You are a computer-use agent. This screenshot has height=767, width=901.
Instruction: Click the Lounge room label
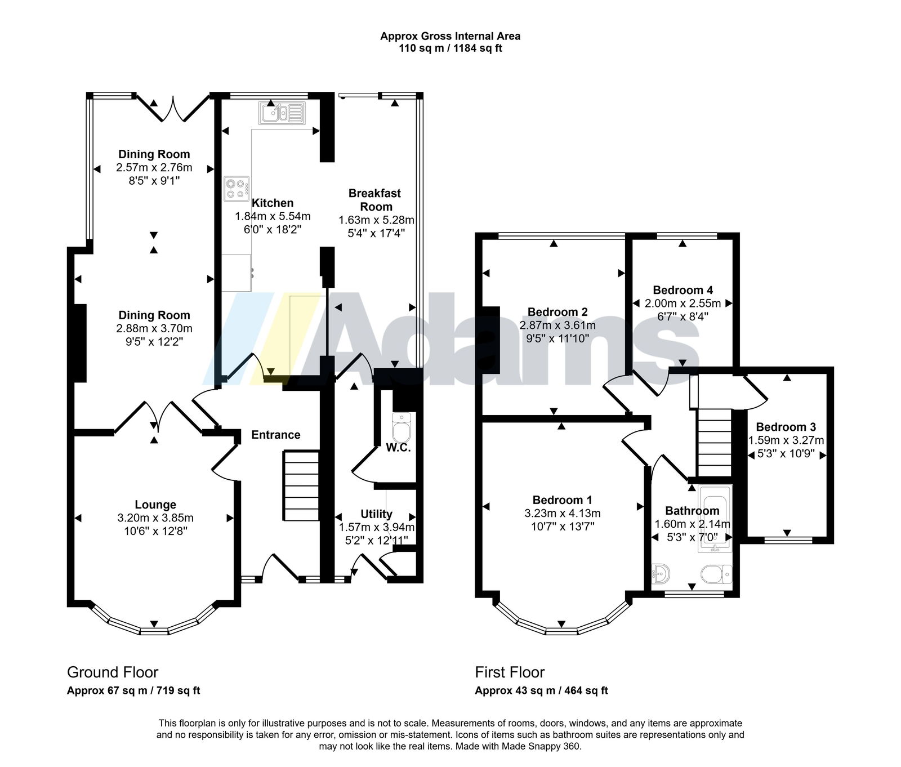155,505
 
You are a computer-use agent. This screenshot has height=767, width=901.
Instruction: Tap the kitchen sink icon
282,113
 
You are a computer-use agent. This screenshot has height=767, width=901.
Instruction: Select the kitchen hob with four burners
237,189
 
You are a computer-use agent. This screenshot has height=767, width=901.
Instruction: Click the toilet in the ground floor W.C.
402,429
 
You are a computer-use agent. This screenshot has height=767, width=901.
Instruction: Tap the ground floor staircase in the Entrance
301,485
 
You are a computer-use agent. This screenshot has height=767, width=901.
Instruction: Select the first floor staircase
714,443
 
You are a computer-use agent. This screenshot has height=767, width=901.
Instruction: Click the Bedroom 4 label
683,290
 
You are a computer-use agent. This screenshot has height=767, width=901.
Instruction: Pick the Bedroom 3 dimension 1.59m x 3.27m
786,440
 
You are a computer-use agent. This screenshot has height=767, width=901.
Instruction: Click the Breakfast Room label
375,200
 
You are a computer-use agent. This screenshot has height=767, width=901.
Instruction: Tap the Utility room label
376,514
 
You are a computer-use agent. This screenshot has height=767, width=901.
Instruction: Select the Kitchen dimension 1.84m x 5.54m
273,216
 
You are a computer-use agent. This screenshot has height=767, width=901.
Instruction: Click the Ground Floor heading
113,672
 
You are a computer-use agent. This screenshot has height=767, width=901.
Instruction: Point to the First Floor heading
510,672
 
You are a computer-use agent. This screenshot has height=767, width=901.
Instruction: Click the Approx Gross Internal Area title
450,36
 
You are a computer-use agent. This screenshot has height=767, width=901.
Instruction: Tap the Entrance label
276,435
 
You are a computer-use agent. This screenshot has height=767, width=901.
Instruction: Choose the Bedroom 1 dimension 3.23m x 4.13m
563,514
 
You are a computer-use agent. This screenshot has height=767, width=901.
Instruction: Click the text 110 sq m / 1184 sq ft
450,48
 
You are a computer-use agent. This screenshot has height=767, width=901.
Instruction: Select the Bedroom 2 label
557,312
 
